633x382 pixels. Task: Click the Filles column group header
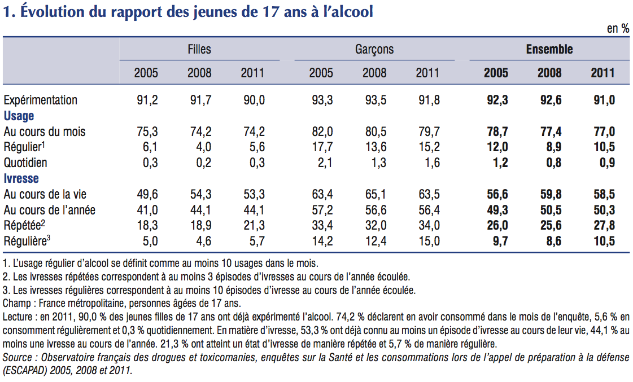[199, 50]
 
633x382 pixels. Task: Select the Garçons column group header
[374, 50]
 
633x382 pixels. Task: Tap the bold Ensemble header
[549, 50]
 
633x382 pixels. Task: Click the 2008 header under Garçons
[374, 73]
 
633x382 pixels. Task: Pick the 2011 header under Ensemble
[603, 73]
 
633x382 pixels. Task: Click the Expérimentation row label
[40, 100]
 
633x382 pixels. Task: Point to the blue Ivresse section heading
[21, 178]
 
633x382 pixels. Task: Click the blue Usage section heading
[19, 116]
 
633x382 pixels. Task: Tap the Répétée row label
[25, 226]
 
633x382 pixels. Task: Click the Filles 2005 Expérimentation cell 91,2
[147, 100]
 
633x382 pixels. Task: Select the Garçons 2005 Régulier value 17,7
[322, 147]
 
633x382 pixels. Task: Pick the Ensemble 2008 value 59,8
[549, 195]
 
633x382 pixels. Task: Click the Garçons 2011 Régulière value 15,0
[428, 242]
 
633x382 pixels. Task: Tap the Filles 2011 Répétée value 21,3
[253, 226]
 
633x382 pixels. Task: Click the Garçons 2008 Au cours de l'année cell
[374, 210]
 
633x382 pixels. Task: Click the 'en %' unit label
[618, 29]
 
